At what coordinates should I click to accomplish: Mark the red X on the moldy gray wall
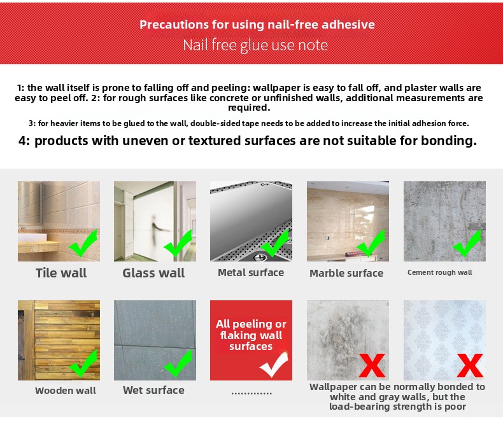[x=372, y=365]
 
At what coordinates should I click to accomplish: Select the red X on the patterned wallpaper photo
[x=470, y=365]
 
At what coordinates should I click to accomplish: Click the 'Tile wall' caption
[x=61, y=273]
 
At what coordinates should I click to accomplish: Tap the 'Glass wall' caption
[x=153, y=273]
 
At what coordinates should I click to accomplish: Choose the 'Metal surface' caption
[x=251, y=273]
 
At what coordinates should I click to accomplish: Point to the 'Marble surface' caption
[x=346, y=273]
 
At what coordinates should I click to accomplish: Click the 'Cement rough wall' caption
[x=439, y=272]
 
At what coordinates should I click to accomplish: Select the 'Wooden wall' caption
[x=66, y=391]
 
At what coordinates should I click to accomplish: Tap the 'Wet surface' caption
[x=153, y=390]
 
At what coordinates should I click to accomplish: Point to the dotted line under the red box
[x=251, y=393]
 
